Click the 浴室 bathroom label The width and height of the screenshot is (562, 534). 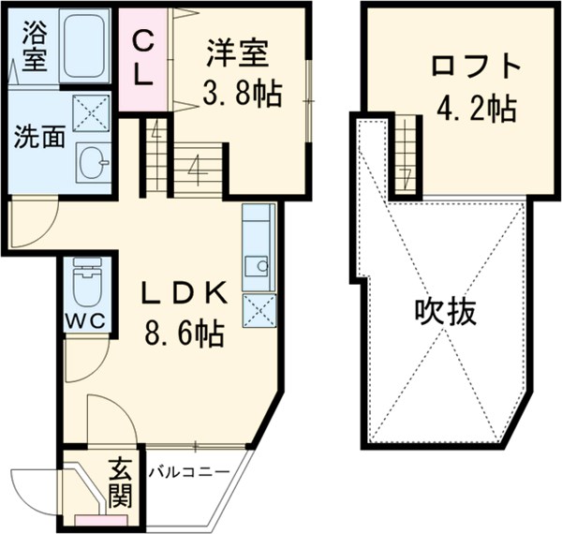click(34, 44)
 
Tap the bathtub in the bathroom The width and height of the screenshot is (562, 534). click(85, 48)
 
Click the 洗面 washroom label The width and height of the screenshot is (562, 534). click(38, 137)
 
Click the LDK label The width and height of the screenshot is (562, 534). click(184, 294)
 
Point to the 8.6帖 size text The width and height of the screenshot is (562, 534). click(184, 334)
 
